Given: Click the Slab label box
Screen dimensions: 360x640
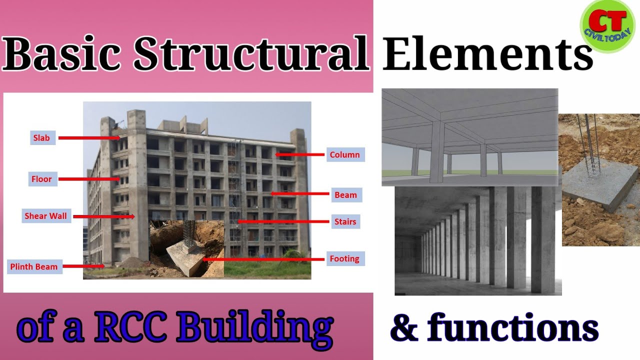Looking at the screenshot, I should coord(41,138).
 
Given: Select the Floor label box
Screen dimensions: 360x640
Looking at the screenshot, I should coord(41,179).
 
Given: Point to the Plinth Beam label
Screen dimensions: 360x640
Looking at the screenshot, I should coord(34,266).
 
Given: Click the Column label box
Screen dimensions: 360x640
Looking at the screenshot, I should coord(344,154).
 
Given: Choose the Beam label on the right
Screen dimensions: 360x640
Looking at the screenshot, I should coord(345,195).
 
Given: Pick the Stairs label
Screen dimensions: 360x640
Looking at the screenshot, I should coord(345,221).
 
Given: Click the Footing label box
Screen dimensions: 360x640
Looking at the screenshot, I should coord(344,258).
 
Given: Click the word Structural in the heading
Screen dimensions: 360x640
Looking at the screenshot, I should coord(250,54).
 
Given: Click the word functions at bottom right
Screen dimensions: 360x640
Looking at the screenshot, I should coord(512,327).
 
